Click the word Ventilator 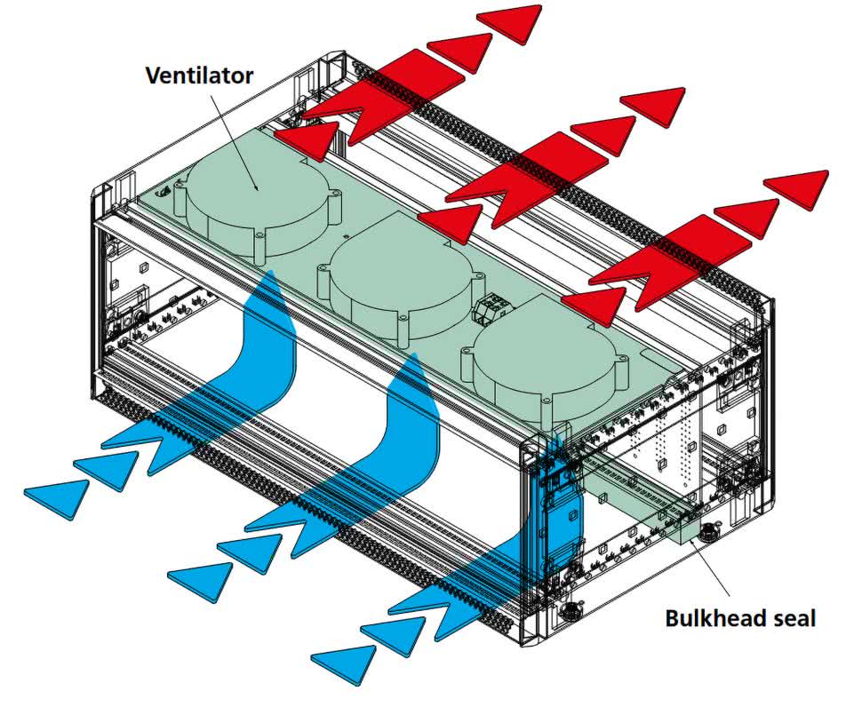point(199,75)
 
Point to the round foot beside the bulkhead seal point(709,534)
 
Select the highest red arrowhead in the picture point(510,20)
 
